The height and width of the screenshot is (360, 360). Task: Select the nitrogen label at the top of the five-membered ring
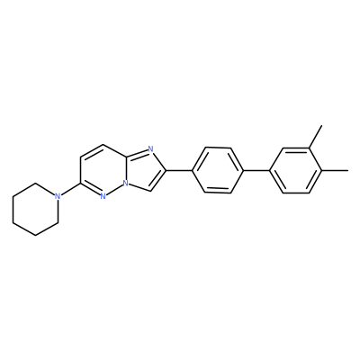click(x=150, y=149)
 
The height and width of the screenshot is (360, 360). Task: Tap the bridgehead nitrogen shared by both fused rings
click(x=126, y=183)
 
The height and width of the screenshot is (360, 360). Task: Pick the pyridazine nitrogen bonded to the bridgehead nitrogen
click(x=103, y=196)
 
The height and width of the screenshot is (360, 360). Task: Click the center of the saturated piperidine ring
click(x=35, y=210)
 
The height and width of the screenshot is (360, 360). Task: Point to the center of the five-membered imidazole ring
click(x=142, y=169)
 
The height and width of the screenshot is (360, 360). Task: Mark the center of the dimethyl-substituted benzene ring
click(x=296, y=170)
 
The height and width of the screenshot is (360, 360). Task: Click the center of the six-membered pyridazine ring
click(x=103, y=170)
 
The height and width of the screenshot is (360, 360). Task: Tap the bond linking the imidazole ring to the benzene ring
click(x=179, y=170)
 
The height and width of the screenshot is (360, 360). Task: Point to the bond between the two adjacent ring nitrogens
click(x=115, y=190)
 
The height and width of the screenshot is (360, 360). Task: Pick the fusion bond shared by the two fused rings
click(x=126, y=170)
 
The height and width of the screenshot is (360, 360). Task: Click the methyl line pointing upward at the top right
click(x=316, y=136)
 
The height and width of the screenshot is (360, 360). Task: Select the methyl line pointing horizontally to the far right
click(x=335, y=170)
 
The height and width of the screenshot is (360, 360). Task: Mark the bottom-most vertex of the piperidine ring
click(x=35, y=236)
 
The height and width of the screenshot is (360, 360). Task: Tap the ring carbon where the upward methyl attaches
click(x=309, y=148)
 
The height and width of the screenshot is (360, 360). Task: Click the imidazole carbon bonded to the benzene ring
click(x=166, y=170)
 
